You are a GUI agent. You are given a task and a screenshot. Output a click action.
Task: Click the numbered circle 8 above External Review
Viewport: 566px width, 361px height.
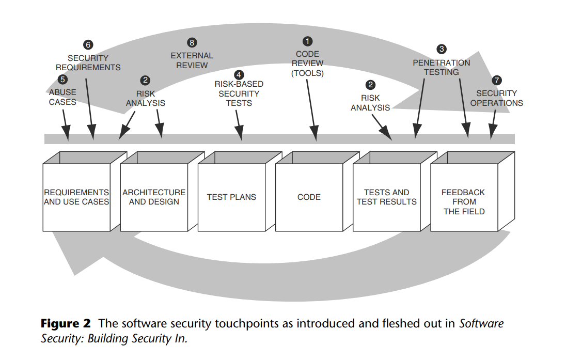(x=192, y=42)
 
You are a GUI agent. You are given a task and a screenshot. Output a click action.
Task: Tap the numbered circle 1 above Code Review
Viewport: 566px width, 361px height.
(x=308, y=41)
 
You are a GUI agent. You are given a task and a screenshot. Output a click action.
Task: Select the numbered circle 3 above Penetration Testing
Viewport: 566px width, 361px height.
(x=441, y=50)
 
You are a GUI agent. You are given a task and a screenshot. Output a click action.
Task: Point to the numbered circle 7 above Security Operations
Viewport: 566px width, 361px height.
(x=496, y=80)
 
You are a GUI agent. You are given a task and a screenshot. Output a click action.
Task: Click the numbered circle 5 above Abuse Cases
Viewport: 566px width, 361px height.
(x=62, y=80)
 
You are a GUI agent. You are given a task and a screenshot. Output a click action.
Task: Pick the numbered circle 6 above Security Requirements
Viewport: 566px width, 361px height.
(x=88, y=45)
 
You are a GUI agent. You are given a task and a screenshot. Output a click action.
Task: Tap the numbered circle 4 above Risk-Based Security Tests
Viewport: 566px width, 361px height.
(x=238, y=74)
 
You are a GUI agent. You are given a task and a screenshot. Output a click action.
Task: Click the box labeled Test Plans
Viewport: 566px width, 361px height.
(x=231, y=197)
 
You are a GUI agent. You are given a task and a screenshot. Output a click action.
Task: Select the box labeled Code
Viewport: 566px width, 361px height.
(x=309, y=197)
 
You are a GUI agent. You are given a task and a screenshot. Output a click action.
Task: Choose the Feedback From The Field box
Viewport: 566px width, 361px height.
(x=463, y=201)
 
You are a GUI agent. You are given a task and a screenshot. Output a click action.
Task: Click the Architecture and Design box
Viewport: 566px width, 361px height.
(x=154, y=197)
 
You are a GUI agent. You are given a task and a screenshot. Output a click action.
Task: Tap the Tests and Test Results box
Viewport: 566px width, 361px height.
(x=386, y=197)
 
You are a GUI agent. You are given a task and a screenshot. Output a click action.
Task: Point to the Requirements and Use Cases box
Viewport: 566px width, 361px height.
(x=76, y=197)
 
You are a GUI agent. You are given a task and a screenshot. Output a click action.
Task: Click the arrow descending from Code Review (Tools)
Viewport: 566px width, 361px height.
(x=311, y=108)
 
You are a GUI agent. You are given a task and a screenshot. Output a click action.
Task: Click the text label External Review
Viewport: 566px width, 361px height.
(x=192, y=60)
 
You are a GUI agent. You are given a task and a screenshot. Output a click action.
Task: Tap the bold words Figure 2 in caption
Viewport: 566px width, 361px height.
(x=66, y=324)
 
